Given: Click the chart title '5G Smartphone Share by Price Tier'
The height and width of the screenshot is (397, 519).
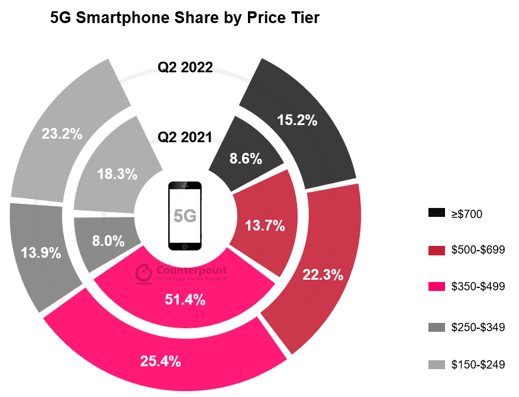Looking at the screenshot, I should [185, 18].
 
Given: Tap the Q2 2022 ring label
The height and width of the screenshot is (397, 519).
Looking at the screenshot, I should [185, 67].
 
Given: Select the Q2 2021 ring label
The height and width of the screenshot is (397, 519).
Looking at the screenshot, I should [185, 137].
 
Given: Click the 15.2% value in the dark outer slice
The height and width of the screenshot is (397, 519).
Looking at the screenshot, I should [297, 121].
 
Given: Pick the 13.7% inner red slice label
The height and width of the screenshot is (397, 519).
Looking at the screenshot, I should [265, 225].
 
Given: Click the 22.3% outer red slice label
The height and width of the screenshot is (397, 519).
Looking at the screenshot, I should [323, 274].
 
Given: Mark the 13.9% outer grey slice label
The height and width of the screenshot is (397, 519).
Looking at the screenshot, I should [41, 253].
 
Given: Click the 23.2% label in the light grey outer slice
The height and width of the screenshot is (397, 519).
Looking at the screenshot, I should [62, 134].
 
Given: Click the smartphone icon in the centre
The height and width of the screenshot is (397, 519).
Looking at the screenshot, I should [185, 216].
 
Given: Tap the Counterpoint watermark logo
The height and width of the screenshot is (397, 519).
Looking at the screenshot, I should [144, 272].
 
